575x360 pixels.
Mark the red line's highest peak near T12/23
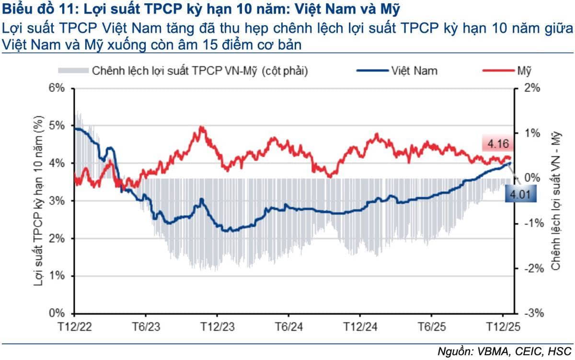tap(201, 128)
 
